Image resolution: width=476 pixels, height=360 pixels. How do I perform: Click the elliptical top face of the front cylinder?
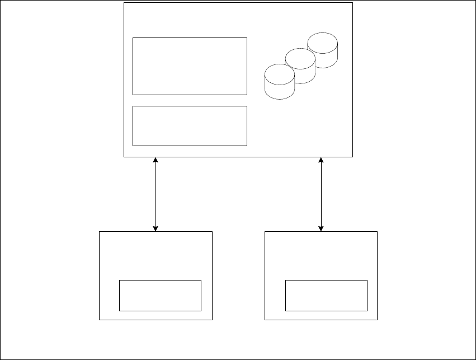(x=279, y=71)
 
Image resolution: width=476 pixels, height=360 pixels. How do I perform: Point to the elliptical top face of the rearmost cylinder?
(x=323, y=40)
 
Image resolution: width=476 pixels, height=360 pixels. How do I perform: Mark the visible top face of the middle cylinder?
(x=301, y=56)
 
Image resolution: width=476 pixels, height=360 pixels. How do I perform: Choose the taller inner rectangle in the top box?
(x=190, y=66)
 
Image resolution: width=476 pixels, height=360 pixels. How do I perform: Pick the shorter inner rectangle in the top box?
(x=190, y=125)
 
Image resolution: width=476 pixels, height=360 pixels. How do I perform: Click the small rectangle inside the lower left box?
(x=160, y=295)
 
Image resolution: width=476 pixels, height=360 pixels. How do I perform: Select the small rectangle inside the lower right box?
(x=326, y=295)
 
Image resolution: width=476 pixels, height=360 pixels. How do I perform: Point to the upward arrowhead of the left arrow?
(x=155, y=161)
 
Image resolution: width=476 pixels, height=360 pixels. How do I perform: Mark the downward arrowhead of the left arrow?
(x=155, y=228)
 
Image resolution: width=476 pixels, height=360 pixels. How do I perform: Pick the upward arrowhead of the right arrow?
(x=321, y=161)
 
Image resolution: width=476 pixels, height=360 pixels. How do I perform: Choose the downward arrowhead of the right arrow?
(x=321, y=228)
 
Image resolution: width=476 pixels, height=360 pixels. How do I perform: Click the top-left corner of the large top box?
(x=124, y=3)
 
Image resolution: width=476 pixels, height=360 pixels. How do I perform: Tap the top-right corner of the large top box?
(x=353, y=3)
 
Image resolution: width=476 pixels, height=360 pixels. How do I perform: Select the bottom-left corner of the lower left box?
(x=100, y=320)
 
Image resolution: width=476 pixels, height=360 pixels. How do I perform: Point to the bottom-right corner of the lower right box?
(x=378, y=320)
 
